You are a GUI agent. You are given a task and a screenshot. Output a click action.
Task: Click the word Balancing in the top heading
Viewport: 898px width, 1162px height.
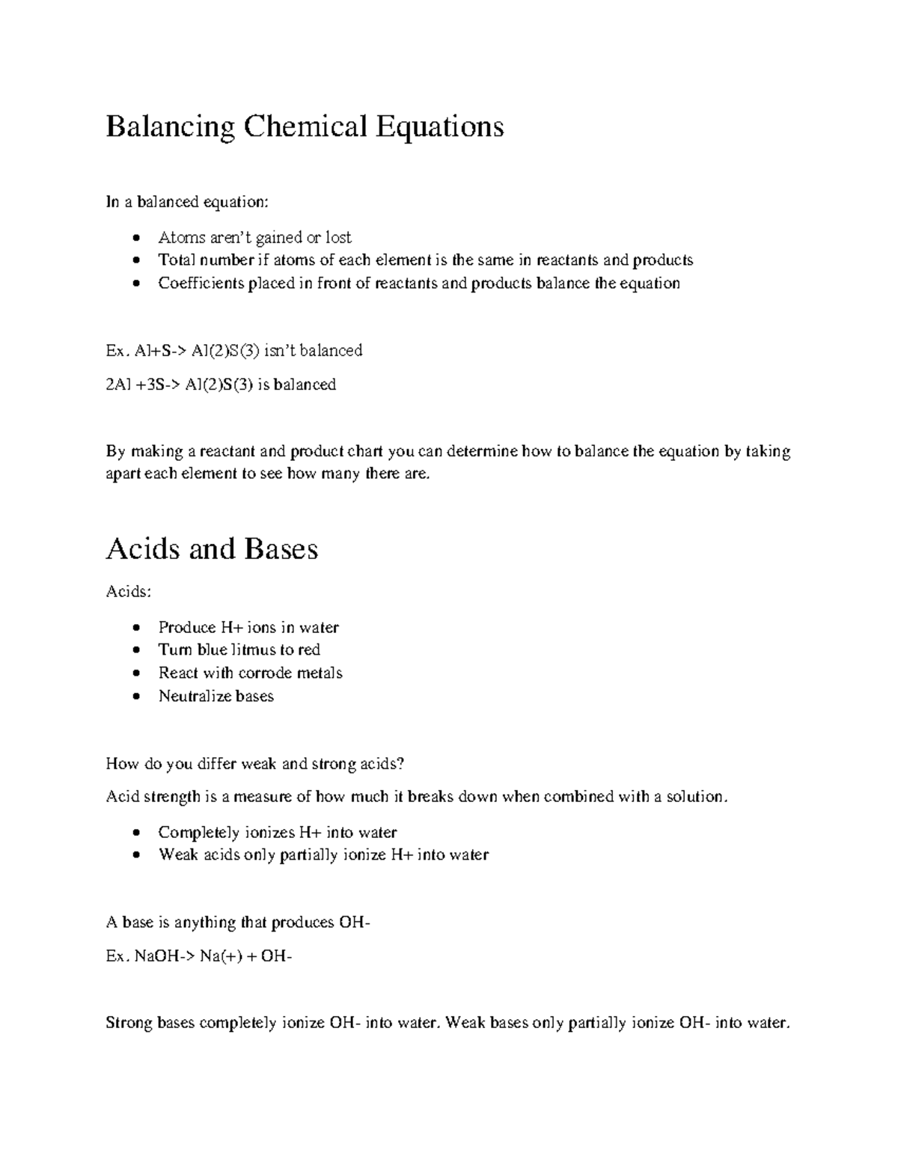170,127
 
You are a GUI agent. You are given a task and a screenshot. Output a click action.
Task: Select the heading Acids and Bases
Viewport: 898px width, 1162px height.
212,548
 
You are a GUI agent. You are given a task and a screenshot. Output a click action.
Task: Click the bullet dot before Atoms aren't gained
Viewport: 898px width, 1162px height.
135,239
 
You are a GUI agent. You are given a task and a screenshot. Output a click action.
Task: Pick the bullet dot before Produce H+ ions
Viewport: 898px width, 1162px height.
135,628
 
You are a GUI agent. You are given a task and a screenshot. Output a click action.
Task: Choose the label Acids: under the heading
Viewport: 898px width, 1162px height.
129,592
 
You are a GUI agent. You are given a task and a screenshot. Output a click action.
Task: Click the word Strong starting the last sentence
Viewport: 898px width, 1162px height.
129,1022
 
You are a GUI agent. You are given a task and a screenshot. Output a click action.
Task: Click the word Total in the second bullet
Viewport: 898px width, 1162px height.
175,260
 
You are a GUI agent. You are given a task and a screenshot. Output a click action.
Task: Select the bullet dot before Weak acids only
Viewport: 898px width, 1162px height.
135,855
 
